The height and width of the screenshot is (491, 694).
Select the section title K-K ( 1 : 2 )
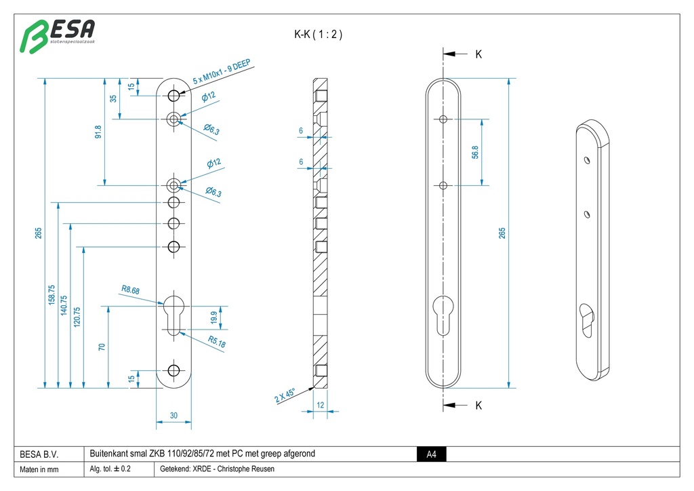point(318,35)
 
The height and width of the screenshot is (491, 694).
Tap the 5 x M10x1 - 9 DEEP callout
point(222,72)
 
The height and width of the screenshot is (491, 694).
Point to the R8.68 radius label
point(131,290)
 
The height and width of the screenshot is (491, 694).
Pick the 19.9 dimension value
point(214,318)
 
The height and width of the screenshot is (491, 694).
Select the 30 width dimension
point(174,416)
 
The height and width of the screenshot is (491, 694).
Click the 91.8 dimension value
point(98,132)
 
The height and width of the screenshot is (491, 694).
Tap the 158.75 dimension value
point(52,296)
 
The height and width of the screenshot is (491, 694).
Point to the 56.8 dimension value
point(475,153)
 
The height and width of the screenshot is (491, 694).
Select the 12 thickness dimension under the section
point(321,405)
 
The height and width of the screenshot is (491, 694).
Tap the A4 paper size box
point(431,454)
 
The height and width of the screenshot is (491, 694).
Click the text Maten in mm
point(39,470)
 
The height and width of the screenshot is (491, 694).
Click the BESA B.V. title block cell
point(39,454)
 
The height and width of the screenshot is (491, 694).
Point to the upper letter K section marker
point(478,54)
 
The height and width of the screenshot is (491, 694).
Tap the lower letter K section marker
point(478,406)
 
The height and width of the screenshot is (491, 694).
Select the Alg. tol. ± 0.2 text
point(110,469)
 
